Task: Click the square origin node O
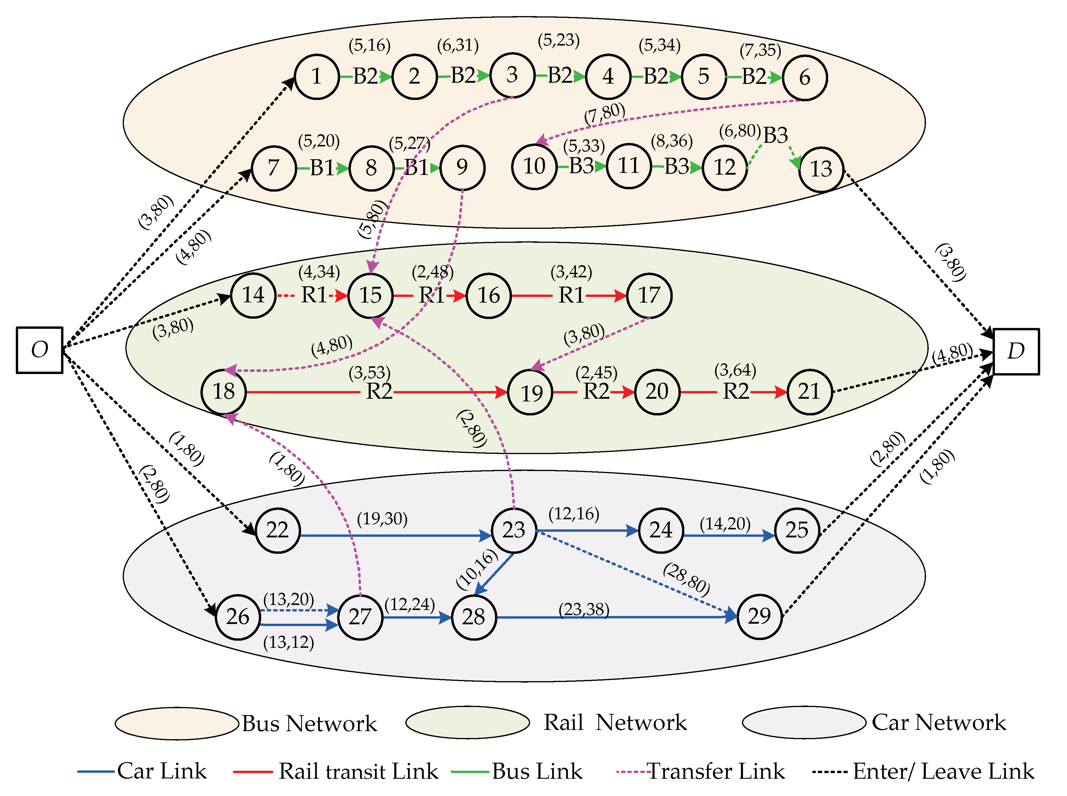(40, 350)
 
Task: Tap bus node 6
(804, 78)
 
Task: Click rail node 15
(370, 295)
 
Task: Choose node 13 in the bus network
(821, 169)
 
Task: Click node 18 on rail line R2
(224, 391)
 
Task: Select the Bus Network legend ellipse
(177, 723)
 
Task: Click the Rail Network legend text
(615, 722)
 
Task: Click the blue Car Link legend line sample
(96, 771)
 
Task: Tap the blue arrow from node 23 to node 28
(495, 573)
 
